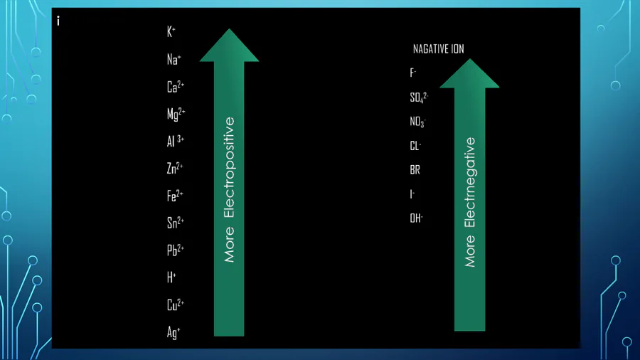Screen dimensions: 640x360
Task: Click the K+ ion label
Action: [x=171, y=31]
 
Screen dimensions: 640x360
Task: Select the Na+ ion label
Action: [x=174, y=59]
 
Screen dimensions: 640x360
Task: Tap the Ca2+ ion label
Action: [x=176, y=87]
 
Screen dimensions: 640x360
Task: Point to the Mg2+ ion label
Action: [x=176, y=114]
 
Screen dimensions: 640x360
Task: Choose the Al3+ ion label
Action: [x=176, y=141]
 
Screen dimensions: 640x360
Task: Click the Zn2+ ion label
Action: [x=175, y=168]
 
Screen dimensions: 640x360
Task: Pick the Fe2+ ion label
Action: [x=175, y=195]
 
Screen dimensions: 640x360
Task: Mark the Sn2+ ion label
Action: [x=176, y=223]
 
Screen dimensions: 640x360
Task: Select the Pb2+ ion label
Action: [x=176, y=250]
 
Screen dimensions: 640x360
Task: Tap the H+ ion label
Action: [x=171, y=277]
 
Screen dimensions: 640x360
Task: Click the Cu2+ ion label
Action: [x=176, y=305]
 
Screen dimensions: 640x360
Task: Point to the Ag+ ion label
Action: [x=174, y=332]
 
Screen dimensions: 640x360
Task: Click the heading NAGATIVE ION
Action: [x=438, y=49]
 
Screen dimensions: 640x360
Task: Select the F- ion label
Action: [x=413, y=73]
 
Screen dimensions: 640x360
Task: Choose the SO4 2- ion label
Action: [x=419, y=97]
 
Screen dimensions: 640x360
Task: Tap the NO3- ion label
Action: [x=418, y=122]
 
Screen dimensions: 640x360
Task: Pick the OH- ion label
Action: [x=416, y=218]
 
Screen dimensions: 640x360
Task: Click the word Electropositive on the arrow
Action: [x=230, y=168]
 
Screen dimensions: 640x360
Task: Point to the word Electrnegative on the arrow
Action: [x=470, y=182]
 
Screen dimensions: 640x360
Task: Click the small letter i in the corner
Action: [x=58, y=21]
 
